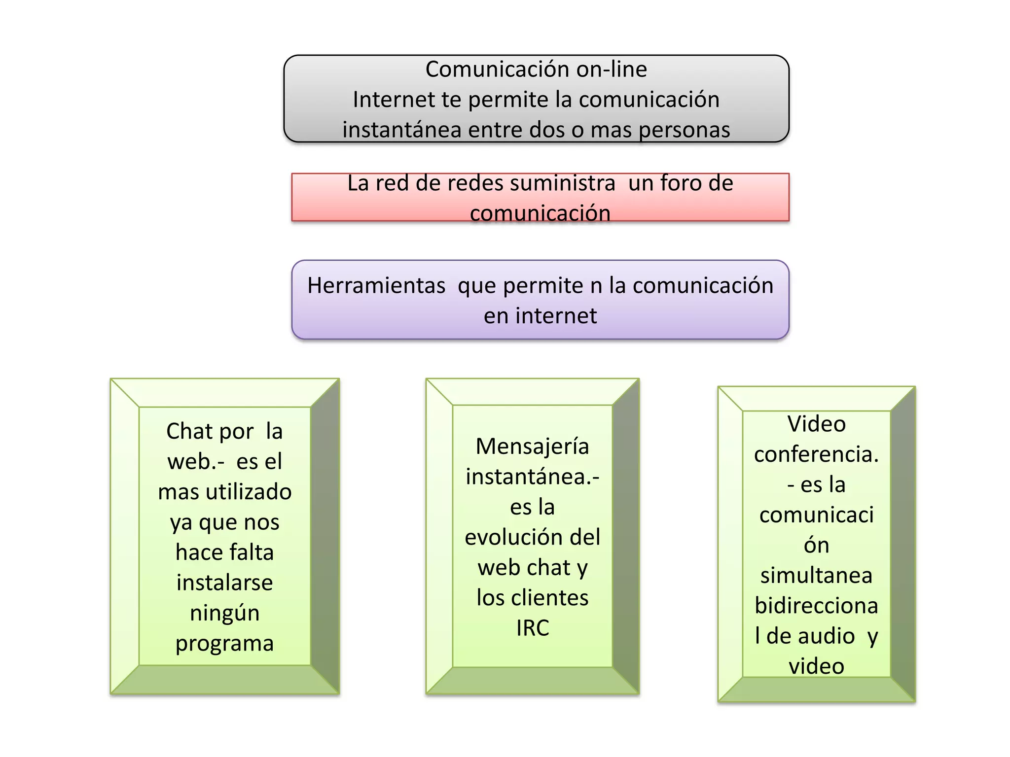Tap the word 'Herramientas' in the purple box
point(376,286)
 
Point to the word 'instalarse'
point(225,583)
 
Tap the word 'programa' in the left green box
point(225,644)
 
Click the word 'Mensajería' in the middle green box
point(532,447)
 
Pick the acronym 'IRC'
point(533,628)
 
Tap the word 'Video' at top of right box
point(816,424)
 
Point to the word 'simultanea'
point(816,576)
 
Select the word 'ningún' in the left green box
point(225,614)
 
